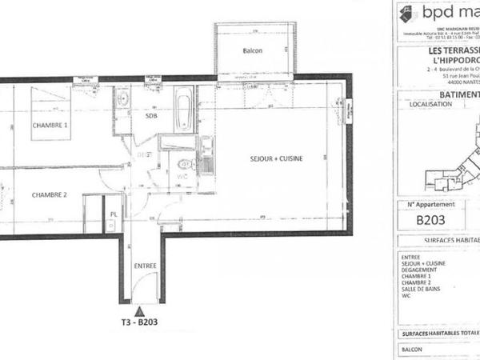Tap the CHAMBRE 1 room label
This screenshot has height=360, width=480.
pyautogui.click(x=50, y=126)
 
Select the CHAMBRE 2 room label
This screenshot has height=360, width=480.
pyautogui.click(x=50, y=195)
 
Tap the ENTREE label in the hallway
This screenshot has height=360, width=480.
pyautogui.click(x=146, y=266)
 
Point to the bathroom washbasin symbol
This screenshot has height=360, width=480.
pyautogui.click(x=123, y=102)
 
